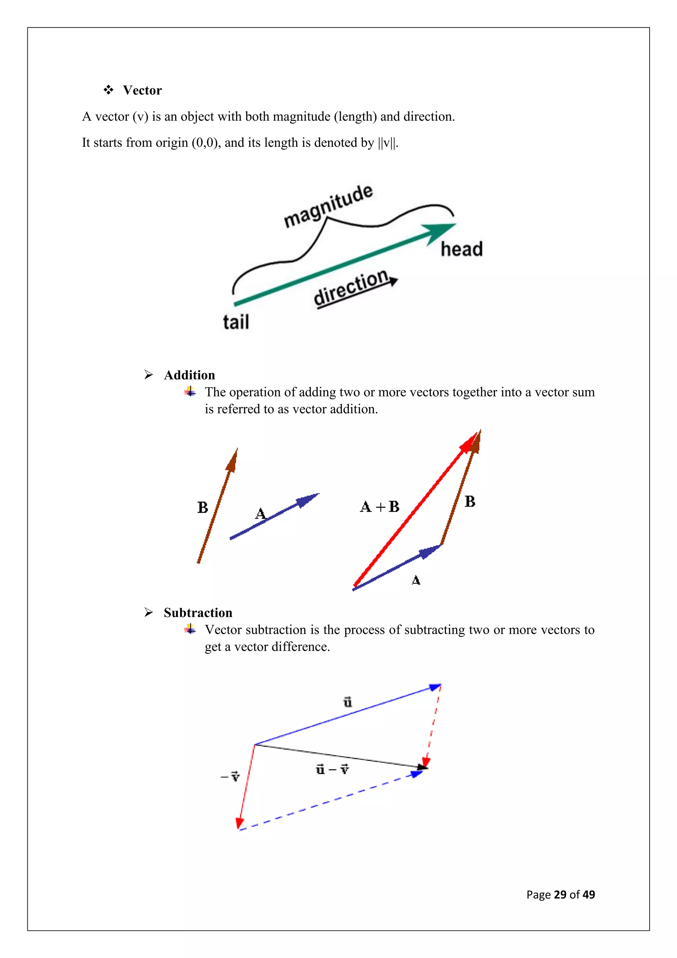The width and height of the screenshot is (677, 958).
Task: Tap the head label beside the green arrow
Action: pyautogui.click(x=461, y=249)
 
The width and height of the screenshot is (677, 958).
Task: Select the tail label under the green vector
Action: pyautogui.click(x=236, y=322)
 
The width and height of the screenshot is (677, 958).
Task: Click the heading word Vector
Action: pyautogui.click(x=142, y=90)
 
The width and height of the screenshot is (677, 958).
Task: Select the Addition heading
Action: pyautogui.click(x=189, y=375)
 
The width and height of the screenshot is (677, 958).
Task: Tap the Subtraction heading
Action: pyautogui.click(x=198, y=613)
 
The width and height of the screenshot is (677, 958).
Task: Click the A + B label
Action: pyautogui.click(x=379, y=506)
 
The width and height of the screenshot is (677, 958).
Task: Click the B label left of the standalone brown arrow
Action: pyautogui.click(x=203, y=507)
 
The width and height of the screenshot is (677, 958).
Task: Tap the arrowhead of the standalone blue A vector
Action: pyautogui.click(x=308, y=499)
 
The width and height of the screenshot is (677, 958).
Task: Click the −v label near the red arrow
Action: pyautogui.click(x=230, y=776)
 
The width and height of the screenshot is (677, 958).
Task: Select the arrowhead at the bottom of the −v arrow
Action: pyautogui.click(x=239, y=823)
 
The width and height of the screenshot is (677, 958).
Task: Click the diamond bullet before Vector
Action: pyautogui.click(x=108, y=90)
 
